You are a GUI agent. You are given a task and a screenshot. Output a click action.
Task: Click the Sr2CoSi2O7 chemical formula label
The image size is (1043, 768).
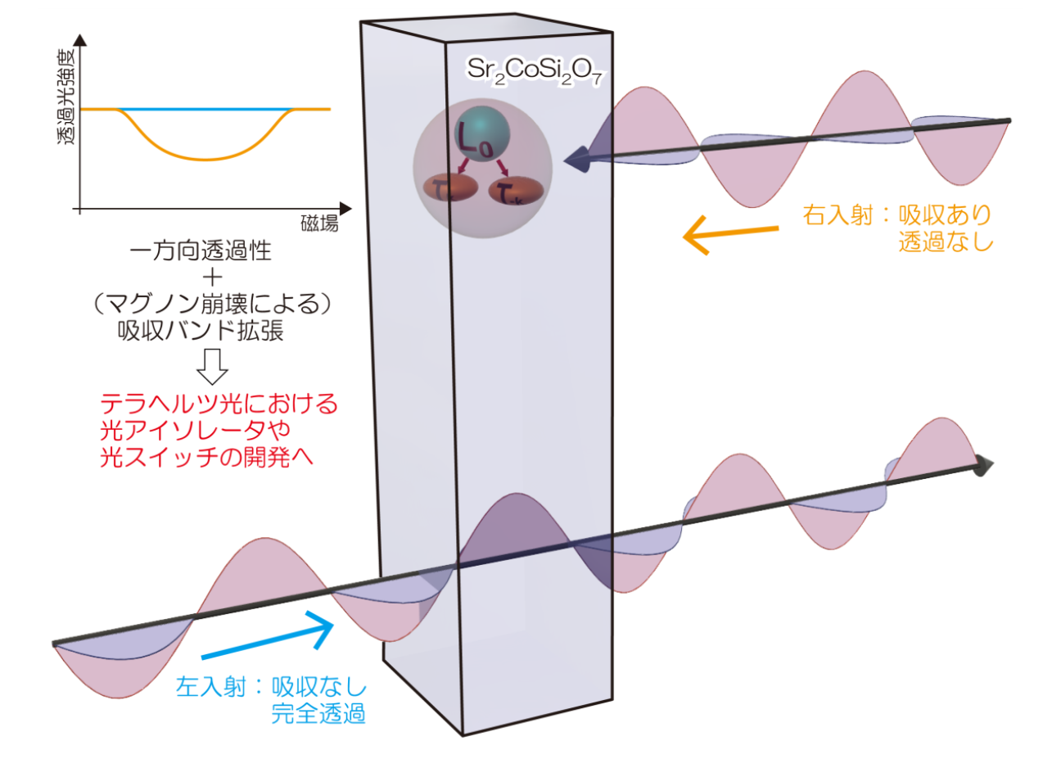tap(535, 71)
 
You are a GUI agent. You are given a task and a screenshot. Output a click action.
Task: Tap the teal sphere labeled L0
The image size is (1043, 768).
tap(482, 134)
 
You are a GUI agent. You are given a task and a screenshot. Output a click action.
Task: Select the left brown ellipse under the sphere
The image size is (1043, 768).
tap(450, 188)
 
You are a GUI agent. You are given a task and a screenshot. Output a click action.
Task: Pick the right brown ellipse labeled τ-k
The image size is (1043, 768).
tap(516, 191)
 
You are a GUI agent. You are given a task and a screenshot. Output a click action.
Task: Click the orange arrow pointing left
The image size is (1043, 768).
tap(730, 234)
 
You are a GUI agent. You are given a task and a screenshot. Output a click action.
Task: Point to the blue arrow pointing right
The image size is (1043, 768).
tap(268, 635)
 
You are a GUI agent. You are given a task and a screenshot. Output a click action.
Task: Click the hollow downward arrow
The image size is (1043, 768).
tap(212, 367)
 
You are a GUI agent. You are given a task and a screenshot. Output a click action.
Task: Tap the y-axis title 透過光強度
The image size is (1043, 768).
tap(65, 97)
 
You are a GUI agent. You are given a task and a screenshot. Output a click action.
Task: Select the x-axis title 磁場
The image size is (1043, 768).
tap(319, 224)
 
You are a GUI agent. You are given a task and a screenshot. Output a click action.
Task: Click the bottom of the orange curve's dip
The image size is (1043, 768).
tap(206, 160)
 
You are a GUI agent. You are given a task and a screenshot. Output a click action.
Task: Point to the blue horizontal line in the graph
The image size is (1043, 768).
tap(205, 110)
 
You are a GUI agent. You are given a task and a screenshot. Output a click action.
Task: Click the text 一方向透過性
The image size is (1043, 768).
tap(201, 251)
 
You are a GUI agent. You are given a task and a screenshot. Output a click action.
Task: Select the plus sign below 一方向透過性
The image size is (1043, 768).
tap(212, 278)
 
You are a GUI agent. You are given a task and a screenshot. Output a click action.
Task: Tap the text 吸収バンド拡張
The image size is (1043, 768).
tap(201, 331)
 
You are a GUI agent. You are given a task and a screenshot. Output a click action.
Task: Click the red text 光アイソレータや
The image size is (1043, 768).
tap(195, 430)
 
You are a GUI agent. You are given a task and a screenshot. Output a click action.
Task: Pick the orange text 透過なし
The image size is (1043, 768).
tap(946, 242)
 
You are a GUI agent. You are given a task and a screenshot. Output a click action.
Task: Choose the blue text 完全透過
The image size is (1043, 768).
tap(318, 713)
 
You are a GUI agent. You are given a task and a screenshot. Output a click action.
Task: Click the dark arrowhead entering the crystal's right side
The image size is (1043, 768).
tap(577, 160)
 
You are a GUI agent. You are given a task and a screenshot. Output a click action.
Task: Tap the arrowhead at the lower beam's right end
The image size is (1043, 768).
tap(982, 466)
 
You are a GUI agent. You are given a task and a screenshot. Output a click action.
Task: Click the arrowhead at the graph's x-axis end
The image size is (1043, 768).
tap(345, 209)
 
